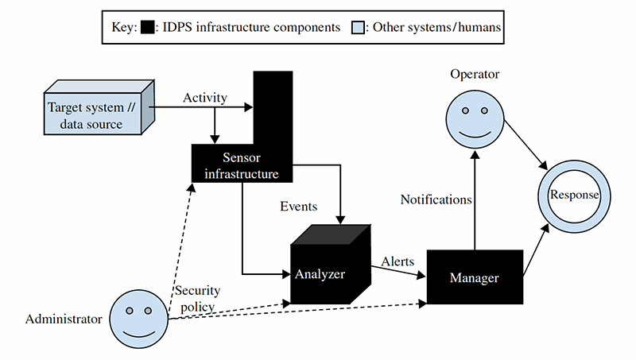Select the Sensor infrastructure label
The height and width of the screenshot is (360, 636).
click(x=235, y=165)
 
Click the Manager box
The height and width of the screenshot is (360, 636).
click(x=474, y=277)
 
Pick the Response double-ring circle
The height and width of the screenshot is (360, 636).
click(x=569, y=195)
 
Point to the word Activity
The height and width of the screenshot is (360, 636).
click(x=205, y=98)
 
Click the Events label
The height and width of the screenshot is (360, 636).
click(x=299, y=207)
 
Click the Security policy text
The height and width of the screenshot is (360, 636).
click(x=198, y=297)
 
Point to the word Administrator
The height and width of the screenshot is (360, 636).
click(x=64, y=319)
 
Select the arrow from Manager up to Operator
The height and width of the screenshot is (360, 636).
click(x=475, y=199)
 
